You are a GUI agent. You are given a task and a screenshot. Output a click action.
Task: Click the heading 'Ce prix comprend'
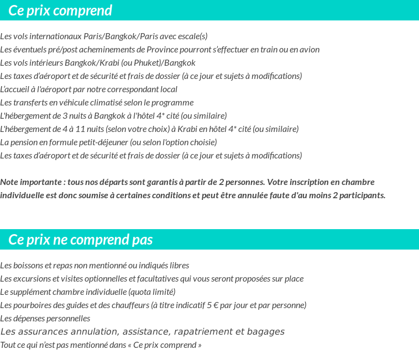tap(60, 10)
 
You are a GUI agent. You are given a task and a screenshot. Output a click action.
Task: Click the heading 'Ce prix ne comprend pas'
tap(81, 240)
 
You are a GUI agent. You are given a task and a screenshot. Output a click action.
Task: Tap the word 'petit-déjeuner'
tap(97, 142)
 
